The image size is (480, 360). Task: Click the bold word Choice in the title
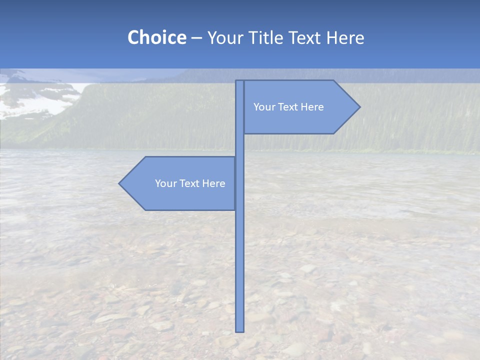pos(156,37)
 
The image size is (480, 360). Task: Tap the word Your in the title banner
pos(224,37)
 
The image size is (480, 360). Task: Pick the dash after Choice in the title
pos(196,38)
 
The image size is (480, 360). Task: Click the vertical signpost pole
pos(239,250)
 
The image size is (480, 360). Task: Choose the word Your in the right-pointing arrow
pos(263,107)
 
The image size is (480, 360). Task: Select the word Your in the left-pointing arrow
pos(165,183)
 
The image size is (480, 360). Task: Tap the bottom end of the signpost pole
pos(239,330)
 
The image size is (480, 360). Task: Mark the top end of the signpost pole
pos(239,81)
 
